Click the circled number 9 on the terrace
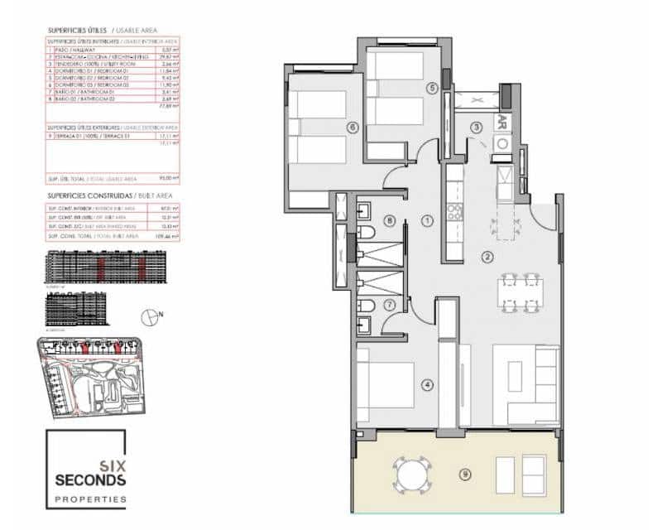coord(466,475)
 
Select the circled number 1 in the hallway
coord(427,220)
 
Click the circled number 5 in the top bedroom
coord(431,88)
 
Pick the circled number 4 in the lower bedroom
coord(427,384)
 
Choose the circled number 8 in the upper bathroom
coord(390,220)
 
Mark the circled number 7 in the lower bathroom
coord(390,305)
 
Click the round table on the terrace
coord(410,475)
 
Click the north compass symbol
coord(151,315)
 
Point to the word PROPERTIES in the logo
coord(90,499)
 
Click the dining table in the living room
coord(520,293)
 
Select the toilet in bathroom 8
coord(370,229)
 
